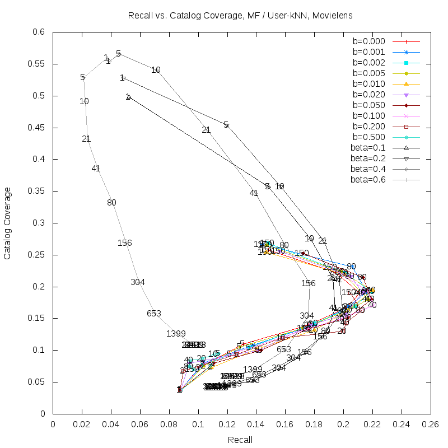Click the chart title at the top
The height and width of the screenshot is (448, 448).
pyautogui.click(x=239, y=16)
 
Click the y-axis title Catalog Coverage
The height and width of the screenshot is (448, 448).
pyautogui.click(x=8, y=223)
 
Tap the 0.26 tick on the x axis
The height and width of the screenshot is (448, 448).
pyautogui.click(x=430, y=424)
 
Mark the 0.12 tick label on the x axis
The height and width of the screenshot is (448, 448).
pyautogui.click(x=227, y=424)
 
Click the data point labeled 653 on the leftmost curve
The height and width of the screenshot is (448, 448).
pyautogui.click(x=154, y=314)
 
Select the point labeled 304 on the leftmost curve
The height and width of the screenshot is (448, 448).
pyautogui.click(x=138, y=282)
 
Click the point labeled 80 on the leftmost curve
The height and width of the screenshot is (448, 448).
pyautogui.click(x=111, y=203)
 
